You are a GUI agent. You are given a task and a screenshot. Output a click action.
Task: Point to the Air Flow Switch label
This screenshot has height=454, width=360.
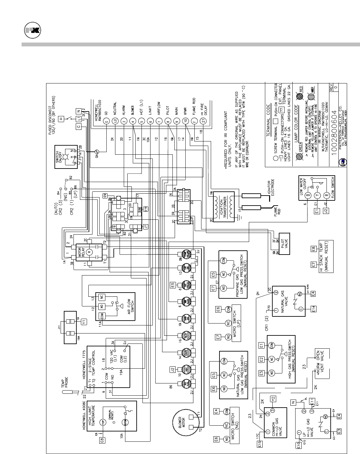[129, 306]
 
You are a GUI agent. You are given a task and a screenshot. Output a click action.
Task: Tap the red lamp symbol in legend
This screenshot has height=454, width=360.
[303, 95]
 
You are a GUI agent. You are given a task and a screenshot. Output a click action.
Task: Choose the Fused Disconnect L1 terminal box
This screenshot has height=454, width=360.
[79, 119]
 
